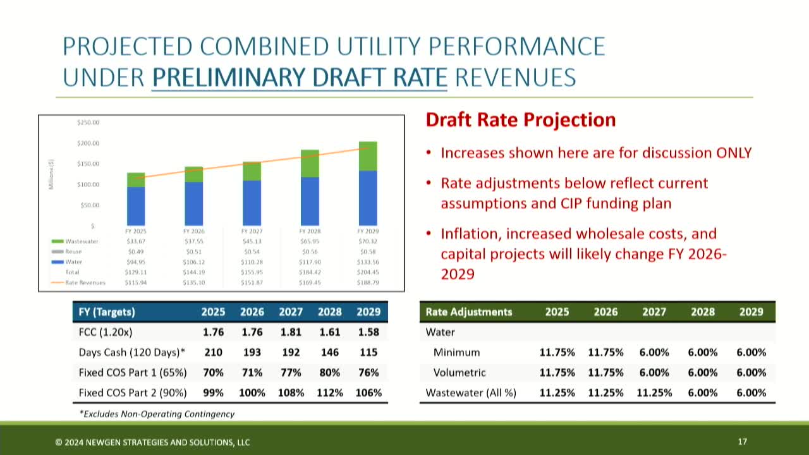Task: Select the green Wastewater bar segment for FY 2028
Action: point(310,164)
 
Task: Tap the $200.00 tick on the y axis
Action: point(88,143)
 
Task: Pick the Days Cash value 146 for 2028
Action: point(329,352)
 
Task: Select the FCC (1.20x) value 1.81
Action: point(291,332)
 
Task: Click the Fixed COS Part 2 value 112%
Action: point(329,392)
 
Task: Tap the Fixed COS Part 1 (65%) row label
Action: point(132,372)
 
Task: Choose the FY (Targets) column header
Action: point(107,312)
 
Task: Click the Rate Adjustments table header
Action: point(468,312)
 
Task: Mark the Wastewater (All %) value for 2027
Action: point(654,392)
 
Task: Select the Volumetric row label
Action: point(459,372)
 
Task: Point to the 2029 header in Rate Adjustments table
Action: point(751,312)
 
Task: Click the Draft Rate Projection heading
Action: point(520,120)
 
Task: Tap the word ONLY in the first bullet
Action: point(733,153)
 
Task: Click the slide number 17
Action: point(743,442)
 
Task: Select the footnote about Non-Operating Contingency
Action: point(156,414)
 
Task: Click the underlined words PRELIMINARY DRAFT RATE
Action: point(299,77)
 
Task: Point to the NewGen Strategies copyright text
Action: point(152,442)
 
